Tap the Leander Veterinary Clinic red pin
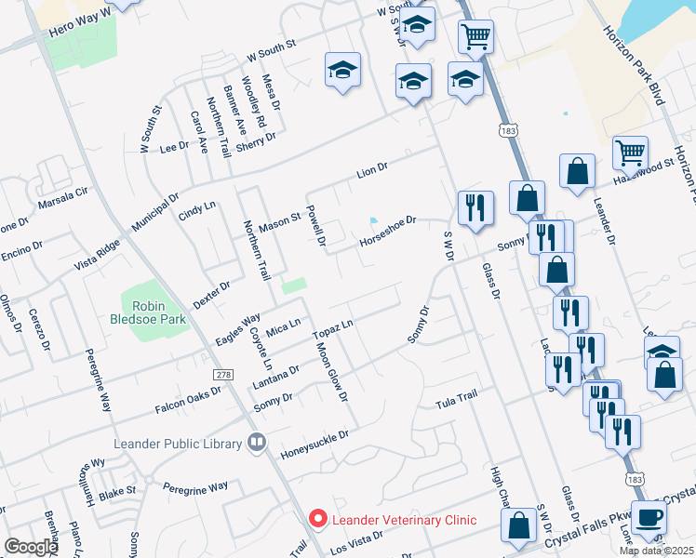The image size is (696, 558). (x=318, y=518)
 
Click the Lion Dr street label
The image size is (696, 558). (x=372, y=171)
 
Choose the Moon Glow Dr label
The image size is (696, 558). (x=331, y=372)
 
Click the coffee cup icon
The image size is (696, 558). (x=649, y=516)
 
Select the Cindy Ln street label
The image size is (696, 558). (x=196, y=211)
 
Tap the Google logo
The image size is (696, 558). (x=31, y=547)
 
